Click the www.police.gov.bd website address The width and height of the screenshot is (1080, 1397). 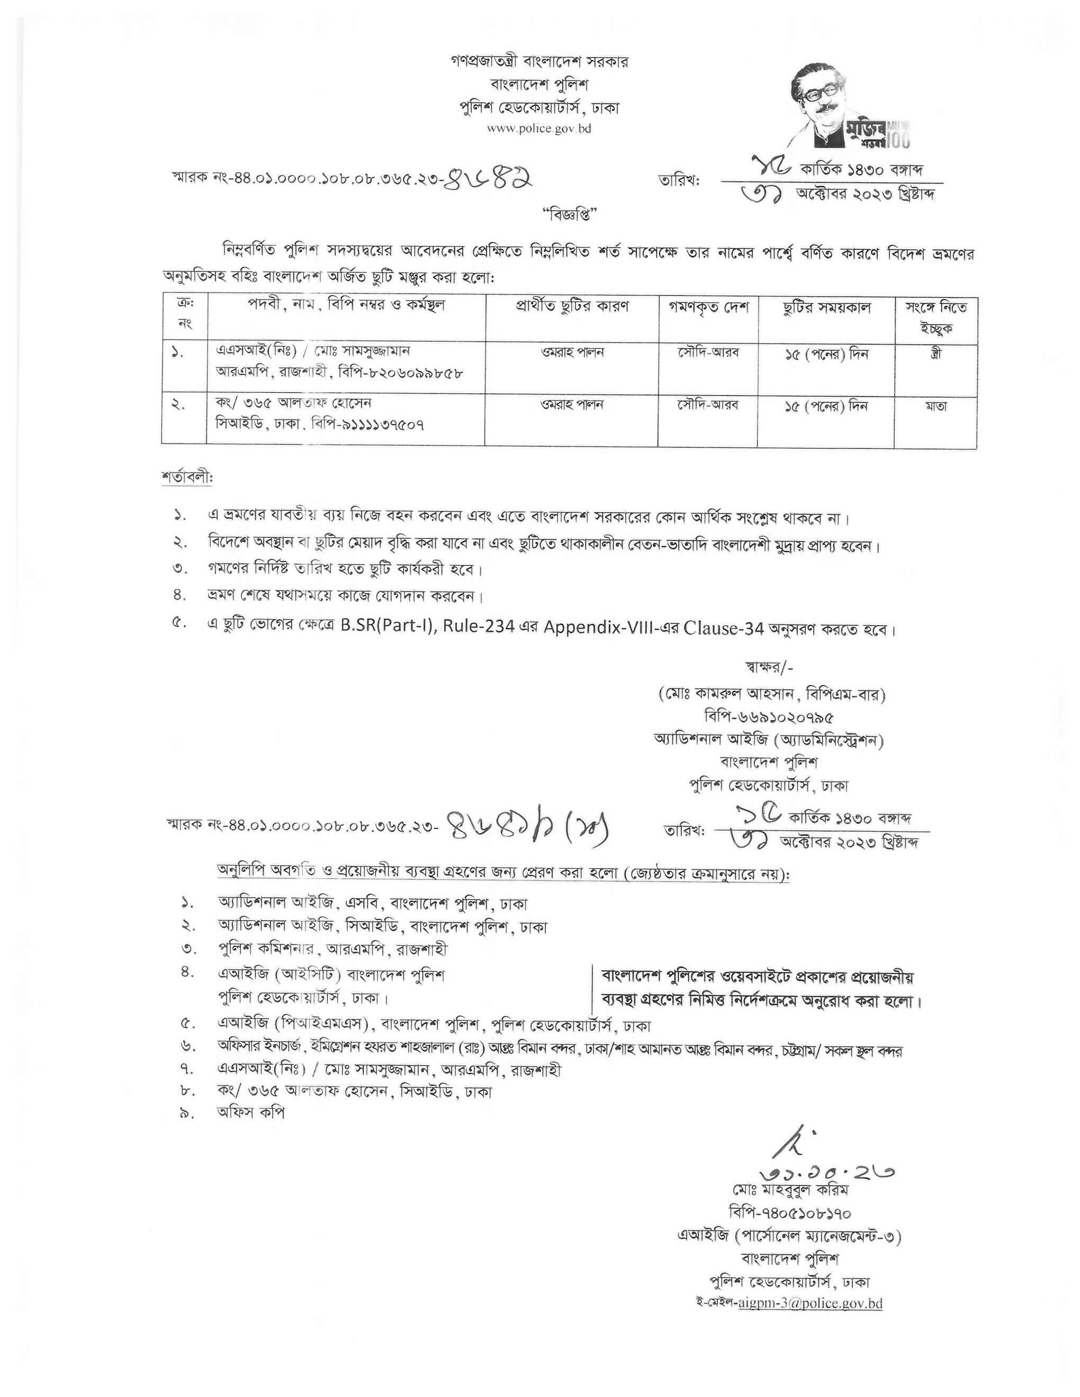coord(539,129)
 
